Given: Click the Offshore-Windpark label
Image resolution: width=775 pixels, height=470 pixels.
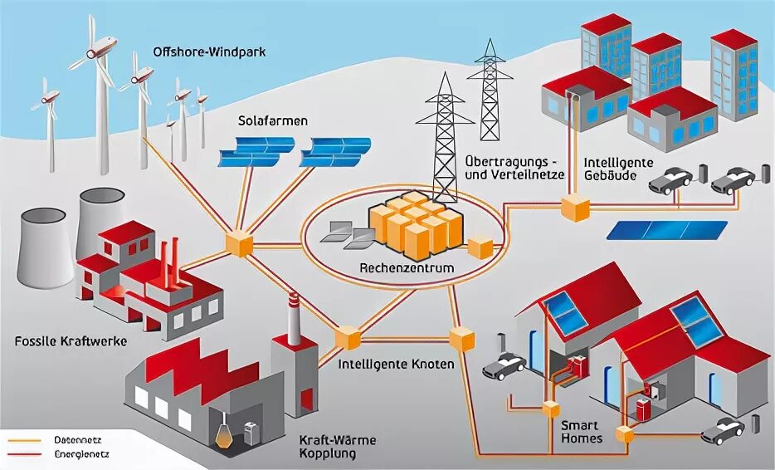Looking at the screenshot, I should (208, 52).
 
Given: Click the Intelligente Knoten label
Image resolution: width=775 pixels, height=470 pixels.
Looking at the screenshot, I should (397, 364).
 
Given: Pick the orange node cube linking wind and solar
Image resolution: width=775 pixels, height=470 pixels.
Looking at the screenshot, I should (238, 242).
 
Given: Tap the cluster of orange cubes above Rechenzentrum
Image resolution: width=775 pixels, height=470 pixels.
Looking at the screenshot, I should (417, 222).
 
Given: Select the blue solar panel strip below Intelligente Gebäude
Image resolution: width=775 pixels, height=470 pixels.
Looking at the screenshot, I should (668, 229).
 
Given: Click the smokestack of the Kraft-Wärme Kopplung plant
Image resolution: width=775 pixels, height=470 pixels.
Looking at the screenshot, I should (292, 320).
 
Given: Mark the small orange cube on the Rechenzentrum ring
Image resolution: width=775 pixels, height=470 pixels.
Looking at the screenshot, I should (480, 246).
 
